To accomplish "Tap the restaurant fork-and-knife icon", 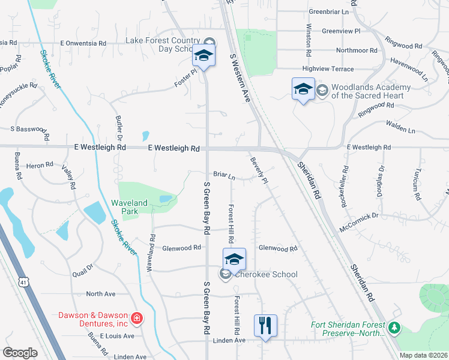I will click(265, 325).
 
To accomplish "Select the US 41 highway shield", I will click(23, 281).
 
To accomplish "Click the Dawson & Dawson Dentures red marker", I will click(137, 318).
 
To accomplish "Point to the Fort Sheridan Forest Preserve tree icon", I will click(394, 327).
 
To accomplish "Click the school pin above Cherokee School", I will click(234, 259).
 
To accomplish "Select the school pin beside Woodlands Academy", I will click(303, 89).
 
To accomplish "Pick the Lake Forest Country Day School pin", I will click(203, 56).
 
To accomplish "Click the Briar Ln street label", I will click(223, 176).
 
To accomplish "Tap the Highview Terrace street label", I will click(329, 70).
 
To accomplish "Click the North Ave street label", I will click(101, 294).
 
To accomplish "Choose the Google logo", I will click(20, 353).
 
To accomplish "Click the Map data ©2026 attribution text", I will click(423, 355).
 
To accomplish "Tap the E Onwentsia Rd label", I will click(83, 43).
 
